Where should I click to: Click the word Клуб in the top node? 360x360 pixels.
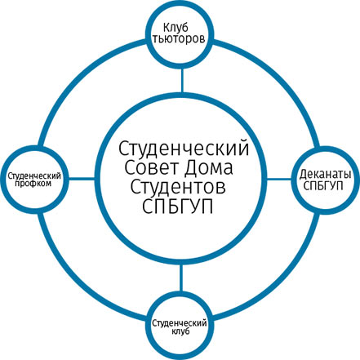point(176,28)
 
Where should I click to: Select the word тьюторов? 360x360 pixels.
point(179,38)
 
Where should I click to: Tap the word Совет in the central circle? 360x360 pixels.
point(152,168)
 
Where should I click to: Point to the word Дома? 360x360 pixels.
point(208,168)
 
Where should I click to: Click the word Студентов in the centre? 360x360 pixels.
point(178,187)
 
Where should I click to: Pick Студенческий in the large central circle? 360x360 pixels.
point(184,149)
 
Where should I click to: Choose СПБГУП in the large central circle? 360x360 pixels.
point(177,207)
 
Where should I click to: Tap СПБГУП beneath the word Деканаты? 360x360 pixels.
point(323,186)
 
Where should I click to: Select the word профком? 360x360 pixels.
point(33,184)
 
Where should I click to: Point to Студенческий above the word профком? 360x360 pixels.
point(34,176)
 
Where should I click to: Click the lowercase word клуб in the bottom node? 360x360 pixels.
point(180,331)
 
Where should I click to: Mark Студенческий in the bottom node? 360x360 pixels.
point(180,323)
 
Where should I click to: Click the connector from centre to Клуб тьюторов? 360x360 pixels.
point(182,81)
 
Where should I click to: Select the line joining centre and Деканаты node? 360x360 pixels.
point(279,179)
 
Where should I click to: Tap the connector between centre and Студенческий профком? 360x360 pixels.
point(82,179)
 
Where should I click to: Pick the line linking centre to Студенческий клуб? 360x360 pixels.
point(180,278)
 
